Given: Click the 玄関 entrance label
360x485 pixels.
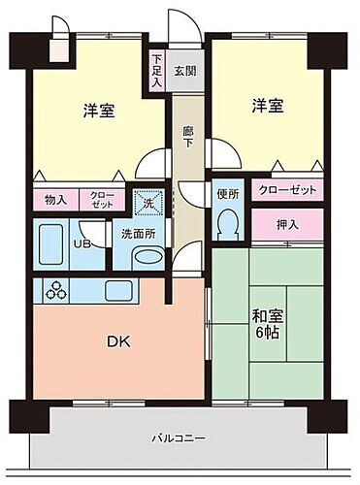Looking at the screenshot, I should tap(184, 71).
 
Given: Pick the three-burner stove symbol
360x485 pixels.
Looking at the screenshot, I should tap(55, 289).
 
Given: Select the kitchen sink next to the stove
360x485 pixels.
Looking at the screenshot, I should tap(115, 290).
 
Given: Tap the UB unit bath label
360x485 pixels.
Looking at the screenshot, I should tap(83, 244).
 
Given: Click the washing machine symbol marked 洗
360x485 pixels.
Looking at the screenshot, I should tap(148, 202).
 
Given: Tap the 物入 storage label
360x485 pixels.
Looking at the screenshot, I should tap(55, 200).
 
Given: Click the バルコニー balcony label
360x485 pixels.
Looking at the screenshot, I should tap(178, 437).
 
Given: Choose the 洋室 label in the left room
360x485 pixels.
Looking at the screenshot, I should tap(99, 111).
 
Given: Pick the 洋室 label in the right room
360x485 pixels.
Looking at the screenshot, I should tap(268, 104).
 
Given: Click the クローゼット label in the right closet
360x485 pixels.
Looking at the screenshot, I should tap(288, 190).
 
